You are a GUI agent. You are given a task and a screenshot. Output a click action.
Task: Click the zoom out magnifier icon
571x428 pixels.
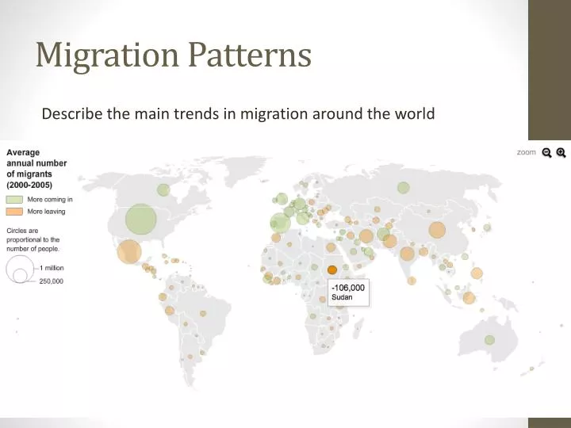[x=546, y=153]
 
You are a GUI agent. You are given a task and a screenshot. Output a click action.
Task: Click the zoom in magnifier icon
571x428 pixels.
[x=561, y=153]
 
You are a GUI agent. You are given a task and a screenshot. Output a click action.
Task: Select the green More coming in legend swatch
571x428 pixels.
[x=15, y=200]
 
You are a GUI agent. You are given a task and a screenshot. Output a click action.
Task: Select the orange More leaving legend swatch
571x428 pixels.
[x=15, y=212]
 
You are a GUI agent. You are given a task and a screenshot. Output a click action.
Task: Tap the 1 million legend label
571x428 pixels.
[x=52, y=268]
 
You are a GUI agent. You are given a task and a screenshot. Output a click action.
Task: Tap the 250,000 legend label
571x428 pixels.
[x=52, y=281]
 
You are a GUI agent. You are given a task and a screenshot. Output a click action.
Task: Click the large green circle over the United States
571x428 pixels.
[x=140, y=220]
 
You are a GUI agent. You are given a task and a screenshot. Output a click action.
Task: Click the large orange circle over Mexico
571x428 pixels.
[x=128, y=252]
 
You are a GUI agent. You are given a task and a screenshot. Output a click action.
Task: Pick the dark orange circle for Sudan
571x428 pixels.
[x=332, y=269]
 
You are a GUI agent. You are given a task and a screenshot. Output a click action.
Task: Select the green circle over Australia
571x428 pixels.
[x=490, y=340]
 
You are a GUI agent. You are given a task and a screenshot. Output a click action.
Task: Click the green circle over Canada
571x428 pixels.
[x=163, y=189]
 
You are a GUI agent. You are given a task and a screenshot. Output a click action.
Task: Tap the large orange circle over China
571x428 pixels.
[x=437, y=230]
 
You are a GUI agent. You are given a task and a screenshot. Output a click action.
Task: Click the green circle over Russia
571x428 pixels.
[x=403, y=188]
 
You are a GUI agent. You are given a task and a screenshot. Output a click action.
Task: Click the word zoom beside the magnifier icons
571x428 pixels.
[x=527, y=152]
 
